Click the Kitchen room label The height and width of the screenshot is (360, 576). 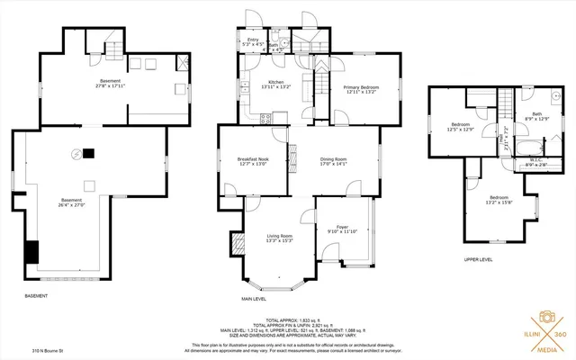(275, 85)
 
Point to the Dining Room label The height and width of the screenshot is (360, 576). (334, 161)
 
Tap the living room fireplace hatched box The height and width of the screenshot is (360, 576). (238, 243)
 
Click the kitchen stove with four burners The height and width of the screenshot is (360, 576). (266, 118)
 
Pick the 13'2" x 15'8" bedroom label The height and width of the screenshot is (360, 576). (500, 199)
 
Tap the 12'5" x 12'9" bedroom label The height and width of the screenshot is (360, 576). (462, 127)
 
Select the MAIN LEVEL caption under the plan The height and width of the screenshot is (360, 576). (253, 298)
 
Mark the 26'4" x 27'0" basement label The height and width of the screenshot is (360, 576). (71, 202)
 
